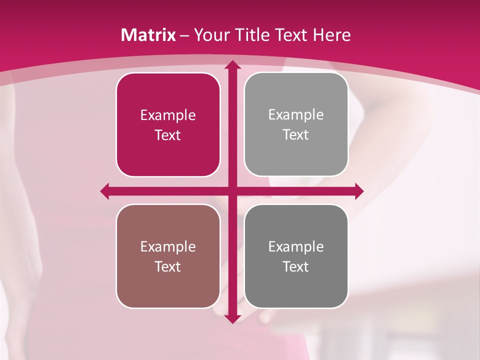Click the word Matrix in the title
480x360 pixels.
tap(148, 35)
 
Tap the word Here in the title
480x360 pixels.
tap(331, 35)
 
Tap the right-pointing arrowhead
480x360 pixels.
tap(359, 191)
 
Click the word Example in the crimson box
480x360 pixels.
tap(168, 115)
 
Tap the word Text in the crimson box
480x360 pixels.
tap(168, 135)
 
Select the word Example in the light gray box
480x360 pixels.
tap(296, 115)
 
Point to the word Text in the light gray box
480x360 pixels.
tap(296, 135)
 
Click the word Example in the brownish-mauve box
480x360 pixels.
tap(168, 246)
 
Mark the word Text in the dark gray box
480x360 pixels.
tap(296, 267)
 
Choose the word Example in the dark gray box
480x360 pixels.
tap(296, 246)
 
